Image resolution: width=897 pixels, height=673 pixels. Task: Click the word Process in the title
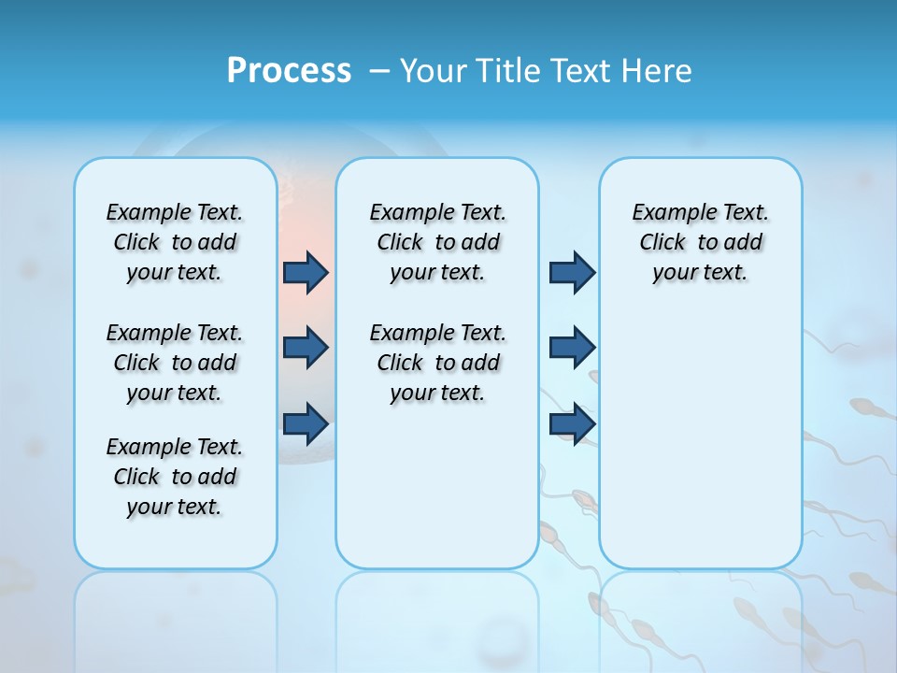click(x=289, y=71)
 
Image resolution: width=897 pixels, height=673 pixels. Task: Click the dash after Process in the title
click(x=379, y=72)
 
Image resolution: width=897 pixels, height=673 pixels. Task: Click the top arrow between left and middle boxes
click(x=306, y=272)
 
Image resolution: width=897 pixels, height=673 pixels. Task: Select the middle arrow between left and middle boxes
click(x=306, y=348)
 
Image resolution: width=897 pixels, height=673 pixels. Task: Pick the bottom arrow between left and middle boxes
click(x=306, y=423)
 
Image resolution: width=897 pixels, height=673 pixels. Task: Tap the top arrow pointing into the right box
click(x=572, y=272)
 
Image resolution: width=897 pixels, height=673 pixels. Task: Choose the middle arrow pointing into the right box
click(x=572, y=348)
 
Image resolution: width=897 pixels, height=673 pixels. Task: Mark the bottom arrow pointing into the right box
click(x=572, y=423)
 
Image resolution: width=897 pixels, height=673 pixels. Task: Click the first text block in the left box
click(x=175, y=242)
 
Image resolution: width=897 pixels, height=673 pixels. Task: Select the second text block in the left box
click(x=175, y=363)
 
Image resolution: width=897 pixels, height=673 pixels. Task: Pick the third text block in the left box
click(x=175, y=477)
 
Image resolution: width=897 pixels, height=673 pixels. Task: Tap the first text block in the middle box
click(x=437, y=242)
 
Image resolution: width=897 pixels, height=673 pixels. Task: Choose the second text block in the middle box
click(x=437, y=363)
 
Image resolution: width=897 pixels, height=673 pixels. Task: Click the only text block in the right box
click(x=701, y=242)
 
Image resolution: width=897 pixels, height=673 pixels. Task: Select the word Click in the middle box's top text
click(x=400, y=243)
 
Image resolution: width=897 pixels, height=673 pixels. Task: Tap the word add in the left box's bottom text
click(x=217, y=477)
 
